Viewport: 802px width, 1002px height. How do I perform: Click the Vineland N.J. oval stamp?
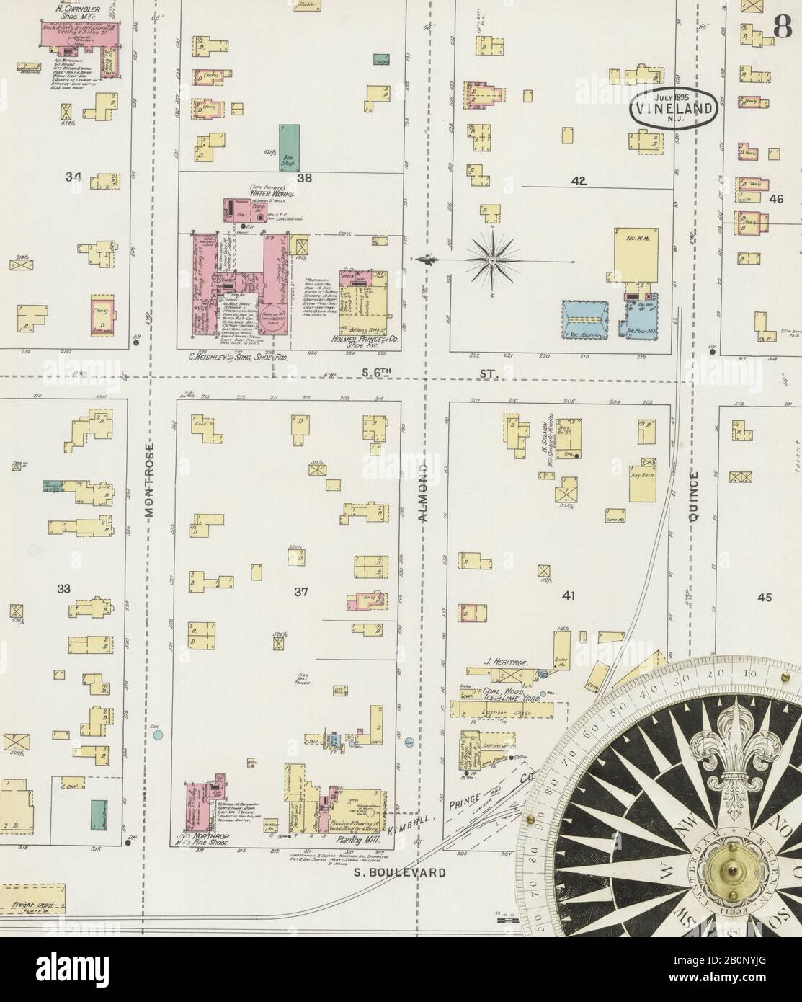tap(673, 109)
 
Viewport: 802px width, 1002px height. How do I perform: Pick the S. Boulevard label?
tap(399, 872)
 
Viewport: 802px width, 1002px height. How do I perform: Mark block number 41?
tap(569, 595)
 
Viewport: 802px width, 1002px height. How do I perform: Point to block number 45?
tap(764, 596)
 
